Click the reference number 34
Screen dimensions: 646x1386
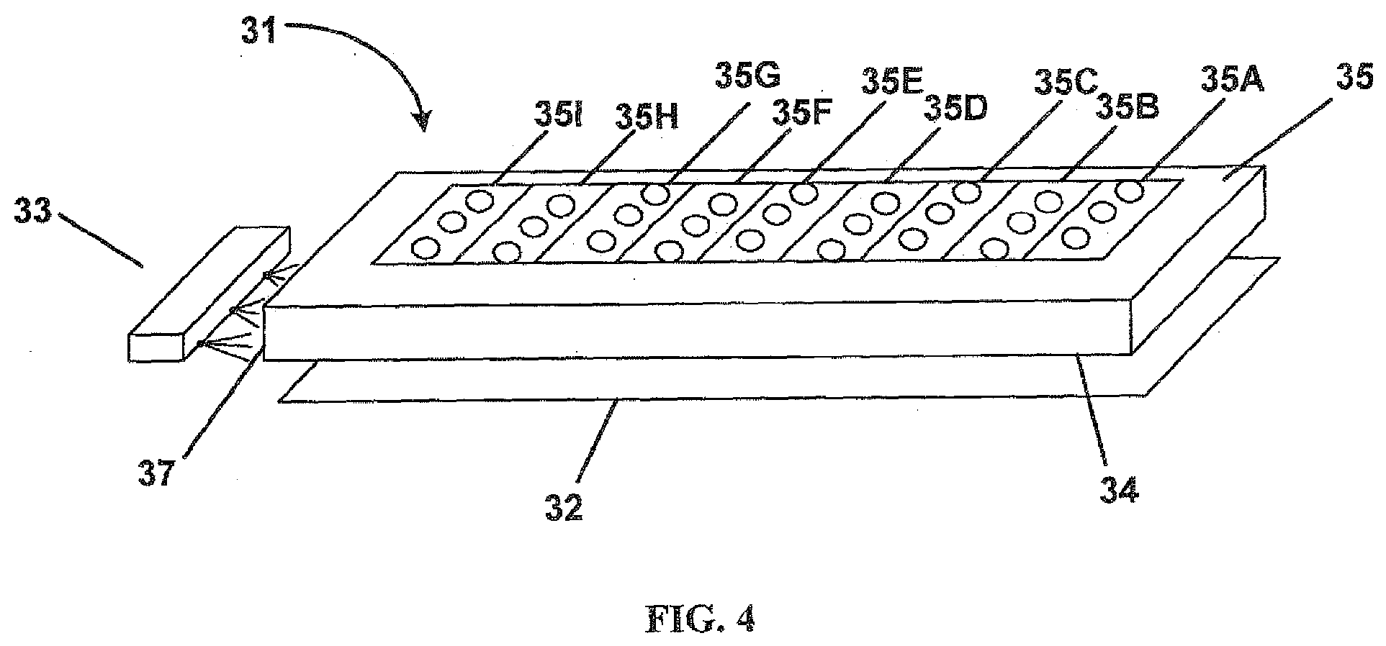1120,491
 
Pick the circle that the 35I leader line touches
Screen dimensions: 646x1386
480,200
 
